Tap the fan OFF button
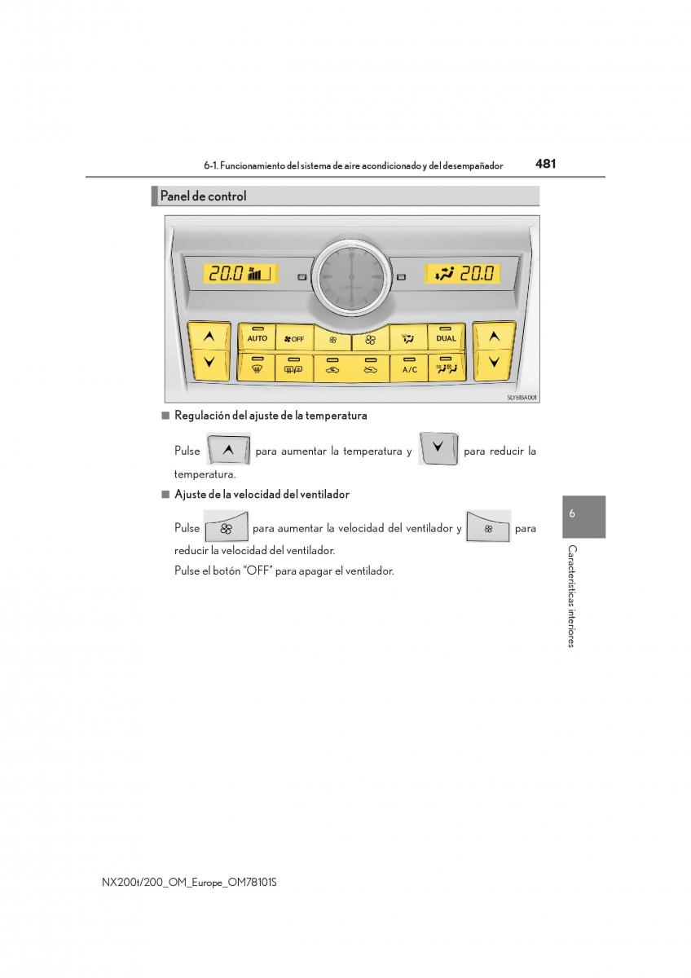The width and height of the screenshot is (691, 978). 294,337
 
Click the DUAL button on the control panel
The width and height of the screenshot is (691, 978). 446,337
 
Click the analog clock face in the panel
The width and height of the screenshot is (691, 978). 351,277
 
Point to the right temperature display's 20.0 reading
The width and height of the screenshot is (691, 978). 477,273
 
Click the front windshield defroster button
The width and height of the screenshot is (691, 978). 257,368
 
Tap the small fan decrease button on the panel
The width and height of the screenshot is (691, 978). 332,338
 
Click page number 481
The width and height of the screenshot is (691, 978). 545,164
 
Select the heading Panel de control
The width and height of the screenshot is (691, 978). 203,196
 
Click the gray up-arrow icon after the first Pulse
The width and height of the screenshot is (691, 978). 228,449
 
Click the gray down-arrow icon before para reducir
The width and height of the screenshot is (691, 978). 438,448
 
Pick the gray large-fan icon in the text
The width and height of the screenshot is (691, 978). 226,526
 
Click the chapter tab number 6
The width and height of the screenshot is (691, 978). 572,513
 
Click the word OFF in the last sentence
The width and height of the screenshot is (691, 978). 257,570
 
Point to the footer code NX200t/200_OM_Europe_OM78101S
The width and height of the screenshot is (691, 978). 189,882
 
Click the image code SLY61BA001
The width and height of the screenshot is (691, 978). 522,398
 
